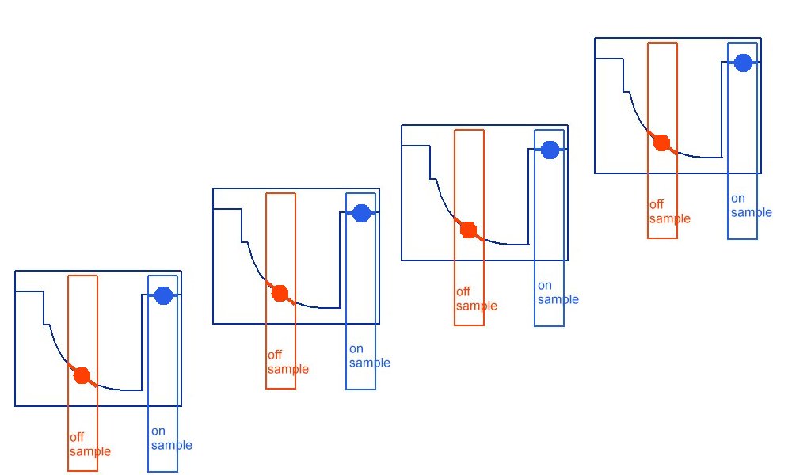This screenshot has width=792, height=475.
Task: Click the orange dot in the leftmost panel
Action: pos(82,375)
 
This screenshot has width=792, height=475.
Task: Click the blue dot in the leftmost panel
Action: pos(163,295)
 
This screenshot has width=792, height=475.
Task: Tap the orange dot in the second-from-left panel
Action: pos(280,293)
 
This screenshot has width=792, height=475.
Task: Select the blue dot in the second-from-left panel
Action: pos(361,213)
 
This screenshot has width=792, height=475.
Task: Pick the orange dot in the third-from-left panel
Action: pos(468,230)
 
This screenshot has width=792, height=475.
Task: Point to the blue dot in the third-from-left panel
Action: pos(550,150)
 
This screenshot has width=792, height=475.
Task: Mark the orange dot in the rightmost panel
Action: pos(661,142)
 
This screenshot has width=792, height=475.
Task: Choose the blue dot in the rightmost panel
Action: pos(742,63)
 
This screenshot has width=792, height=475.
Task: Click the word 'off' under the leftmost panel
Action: pos(77,437)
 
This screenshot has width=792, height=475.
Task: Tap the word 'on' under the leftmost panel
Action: pos(158,431)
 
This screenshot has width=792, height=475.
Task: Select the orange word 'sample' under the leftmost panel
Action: pos(90,451)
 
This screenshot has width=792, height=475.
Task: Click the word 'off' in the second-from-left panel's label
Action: pos(275,355)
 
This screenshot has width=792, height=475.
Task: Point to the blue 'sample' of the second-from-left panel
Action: pos(370,363)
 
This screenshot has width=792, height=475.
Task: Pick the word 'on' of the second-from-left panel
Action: pos(356,349)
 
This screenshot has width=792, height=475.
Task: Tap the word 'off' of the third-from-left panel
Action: pos(463,291)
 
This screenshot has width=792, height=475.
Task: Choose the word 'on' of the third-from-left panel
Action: pos(544,286)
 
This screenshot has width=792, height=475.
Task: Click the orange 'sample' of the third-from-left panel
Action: pos(477,306)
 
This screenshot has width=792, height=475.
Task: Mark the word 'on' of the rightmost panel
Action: pos(737,199)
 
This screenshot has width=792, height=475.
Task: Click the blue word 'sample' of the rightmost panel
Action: pos(752,212)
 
